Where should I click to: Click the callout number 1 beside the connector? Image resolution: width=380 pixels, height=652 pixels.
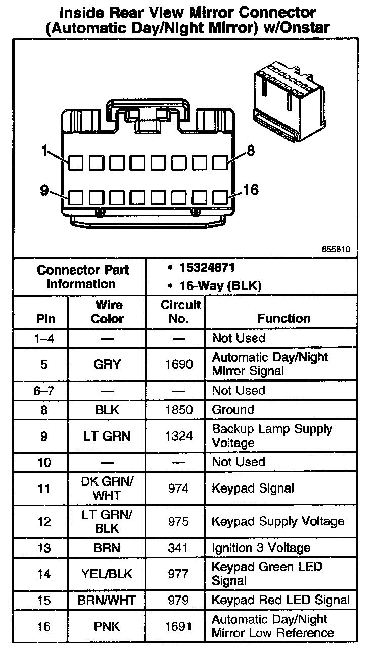pos(45,150)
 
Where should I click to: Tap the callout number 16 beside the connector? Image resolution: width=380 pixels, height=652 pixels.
pos(251,190)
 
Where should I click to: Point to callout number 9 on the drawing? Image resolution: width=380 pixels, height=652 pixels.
pos(44,191)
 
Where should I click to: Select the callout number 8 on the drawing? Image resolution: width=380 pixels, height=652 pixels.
pos(251,150)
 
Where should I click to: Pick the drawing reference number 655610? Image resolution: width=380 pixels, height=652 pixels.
pos(336,249)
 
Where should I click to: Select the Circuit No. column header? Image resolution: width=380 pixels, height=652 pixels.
pos(180,312)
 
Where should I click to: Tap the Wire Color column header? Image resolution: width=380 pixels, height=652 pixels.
pos(107,312)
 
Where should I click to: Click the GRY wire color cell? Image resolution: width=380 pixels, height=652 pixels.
pos(107,364)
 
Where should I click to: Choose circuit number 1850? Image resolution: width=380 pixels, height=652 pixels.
pos(179,410)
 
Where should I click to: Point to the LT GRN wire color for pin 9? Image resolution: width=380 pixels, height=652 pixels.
pos(107,436)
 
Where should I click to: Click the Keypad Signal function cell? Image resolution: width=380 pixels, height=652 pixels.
pos(253,488)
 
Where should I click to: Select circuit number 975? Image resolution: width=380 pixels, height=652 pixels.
pos(179,521)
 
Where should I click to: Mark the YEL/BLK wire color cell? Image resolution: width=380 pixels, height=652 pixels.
pos(107,574)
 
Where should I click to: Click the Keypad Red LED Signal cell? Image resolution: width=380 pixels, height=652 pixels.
pos(280,600)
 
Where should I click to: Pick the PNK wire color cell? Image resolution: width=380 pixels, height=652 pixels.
pos(107,626)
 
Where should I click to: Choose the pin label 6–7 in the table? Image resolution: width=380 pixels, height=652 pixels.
pos(44,390)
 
